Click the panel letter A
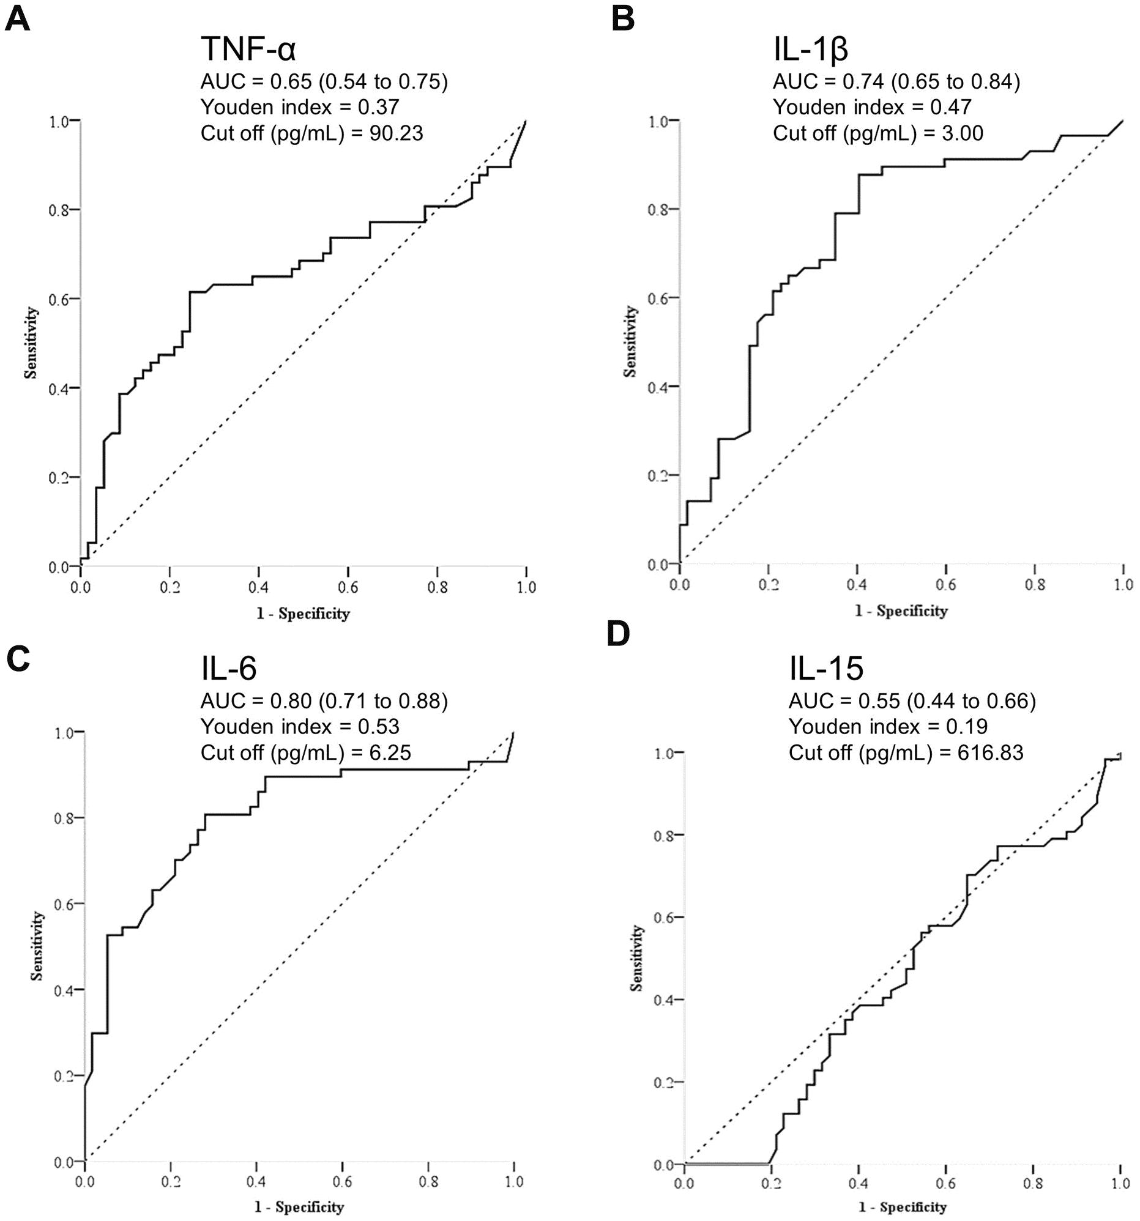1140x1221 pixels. (17, 20)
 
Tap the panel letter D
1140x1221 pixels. (618, 634)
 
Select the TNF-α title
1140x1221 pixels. (248, 49)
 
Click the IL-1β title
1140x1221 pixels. (810, 49)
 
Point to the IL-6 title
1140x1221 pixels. (228, 668)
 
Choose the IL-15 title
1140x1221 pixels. (825, 668)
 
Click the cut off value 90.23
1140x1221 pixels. (396, 133)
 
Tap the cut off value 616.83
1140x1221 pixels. (990, 752)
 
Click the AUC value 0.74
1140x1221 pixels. (863, 82)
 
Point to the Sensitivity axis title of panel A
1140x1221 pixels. (31, 343)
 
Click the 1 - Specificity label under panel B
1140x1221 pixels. (901, 610)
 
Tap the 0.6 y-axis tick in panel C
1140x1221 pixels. (63, 904)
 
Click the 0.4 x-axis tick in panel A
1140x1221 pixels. (258, 587)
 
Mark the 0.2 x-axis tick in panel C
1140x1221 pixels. (171, 1182)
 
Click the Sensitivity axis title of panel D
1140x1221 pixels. (636, 958)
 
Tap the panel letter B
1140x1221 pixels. (623, 20)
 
